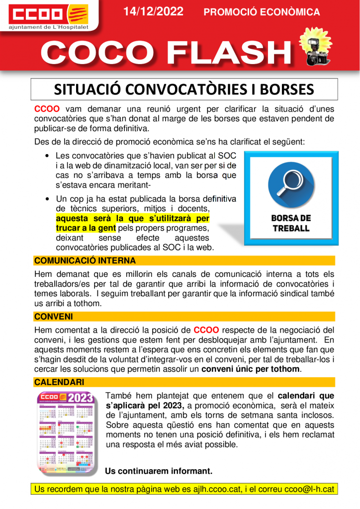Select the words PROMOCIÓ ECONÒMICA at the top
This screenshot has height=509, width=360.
click(x=262, y=12)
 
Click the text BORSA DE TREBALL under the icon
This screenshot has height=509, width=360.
click(x=291, y=223)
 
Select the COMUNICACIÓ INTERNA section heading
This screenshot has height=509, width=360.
click(x=85, y=260)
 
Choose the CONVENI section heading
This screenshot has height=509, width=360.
click(x=53, y=316)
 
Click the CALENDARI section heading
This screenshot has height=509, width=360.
click(x=59, y=382)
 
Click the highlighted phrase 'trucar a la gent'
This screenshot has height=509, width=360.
click(x=86, y=228)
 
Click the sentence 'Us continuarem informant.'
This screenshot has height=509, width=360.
click(x=159, y=471)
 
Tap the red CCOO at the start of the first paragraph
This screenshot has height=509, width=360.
click(x=47, y=109)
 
